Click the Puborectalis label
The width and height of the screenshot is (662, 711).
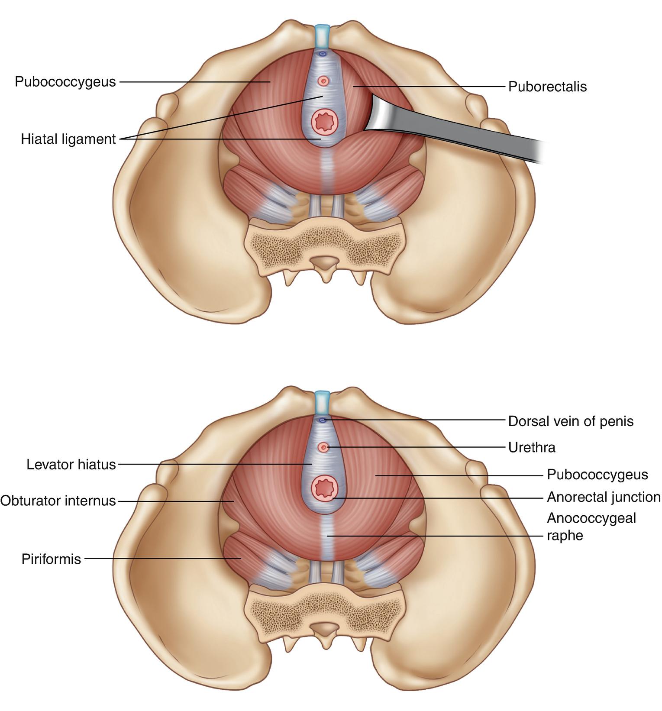pyautogui.click(x=547, y=87)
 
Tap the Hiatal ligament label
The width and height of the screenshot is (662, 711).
pyautogui.click(x=68, y=139)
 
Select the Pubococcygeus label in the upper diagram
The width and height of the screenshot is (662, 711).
pyautogui.click(x=65, y=81)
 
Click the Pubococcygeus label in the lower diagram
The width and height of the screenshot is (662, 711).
pyautogui.click(x=597, y=475)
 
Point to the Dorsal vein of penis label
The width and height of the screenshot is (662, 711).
pyautogui.click(x=571, y=421)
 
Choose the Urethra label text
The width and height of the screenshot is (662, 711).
pyautogui.click(x=532, y=447)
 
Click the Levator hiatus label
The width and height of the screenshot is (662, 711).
pyautogui.click(x=71, y=465)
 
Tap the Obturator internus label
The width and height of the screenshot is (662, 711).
pyautogui.click(x=58, y=501)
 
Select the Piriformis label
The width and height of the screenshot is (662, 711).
pyautogui.click(x=52, y=559)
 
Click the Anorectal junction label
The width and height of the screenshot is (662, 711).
pyautogui.click(x=604, y=497)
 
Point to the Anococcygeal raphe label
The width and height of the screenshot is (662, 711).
pyautogui.click(x=591, y=527)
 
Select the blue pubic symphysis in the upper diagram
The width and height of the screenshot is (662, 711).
pyautogui.click(x=322, y=36)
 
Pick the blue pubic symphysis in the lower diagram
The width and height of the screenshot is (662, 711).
pyautogui.click(x=322, y=402)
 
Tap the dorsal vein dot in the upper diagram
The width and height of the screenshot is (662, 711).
pyautogui.click(x=322, y=54)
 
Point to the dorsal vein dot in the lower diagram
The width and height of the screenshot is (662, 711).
pyautogui.click(x=322, y=420)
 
